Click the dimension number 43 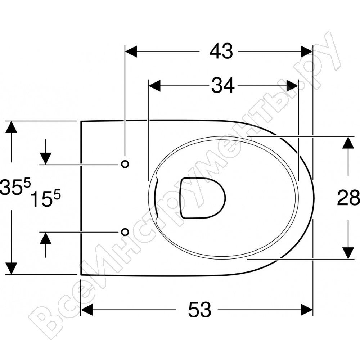[x=221, y=51]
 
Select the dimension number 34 [x=223, y=85]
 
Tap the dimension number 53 [x=199, y=310]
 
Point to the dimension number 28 [x=348, y=197]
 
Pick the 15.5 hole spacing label [x=45, y=198]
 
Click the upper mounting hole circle [x=125, y=164]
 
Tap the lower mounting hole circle [x=125, y=232]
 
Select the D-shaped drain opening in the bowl [x=203, y=198]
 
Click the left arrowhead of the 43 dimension [x=131, y=51]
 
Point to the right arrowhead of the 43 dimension [x=306, y=51]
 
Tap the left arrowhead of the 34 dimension [x=154, y=86]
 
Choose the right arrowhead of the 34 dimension [x=293, y=86]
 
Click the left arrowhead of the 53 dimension [x=87, y=310]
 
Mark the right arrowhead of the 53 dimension [x=307, y=310]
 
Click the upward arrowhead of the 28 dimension [x=348, y=142]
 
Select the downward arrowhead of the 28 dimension [x=348, y=253]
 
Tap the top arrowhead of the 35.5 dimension [x=11, y=127]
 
